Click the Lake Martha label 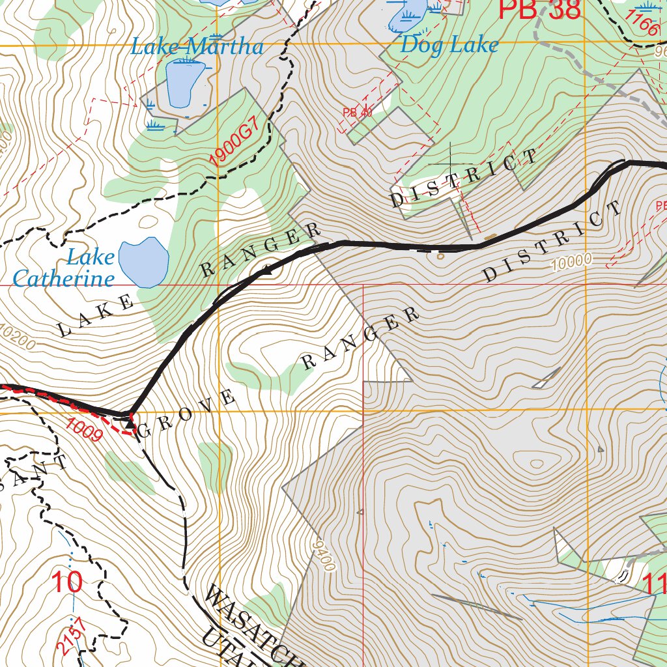197,47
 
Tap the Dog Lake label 449,44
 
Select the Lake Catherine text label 64,268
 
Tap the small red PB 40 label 357,113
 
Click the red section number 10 67,582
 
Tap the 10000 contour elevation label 571,261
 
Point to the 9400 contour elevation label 323,556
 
